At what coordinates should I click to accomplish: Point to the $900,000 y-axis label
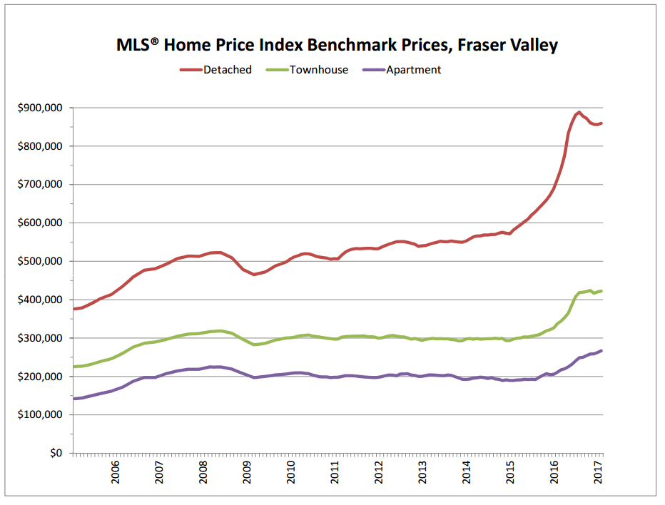pos(40,108)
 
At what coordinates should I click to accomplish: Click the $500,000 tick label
pos(40,261)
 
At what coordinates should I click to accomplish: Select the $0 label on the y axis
pos(55,453)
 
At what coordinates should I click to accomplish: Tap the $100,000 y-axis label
pos(40,414)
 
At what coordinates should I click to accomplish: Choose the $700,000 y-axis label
pos(40,184)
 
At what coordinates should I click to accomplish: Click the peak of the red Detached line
pos(579,112)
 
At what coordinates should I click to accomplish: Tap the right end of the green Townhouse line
pos(601,291)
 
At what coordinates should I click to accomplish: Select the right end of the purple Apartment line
pos(601,350)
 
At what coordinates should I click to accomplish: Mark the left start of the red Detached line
pos(74,309)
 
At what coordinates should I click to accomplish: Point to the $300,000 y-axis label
pos(40,338)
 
